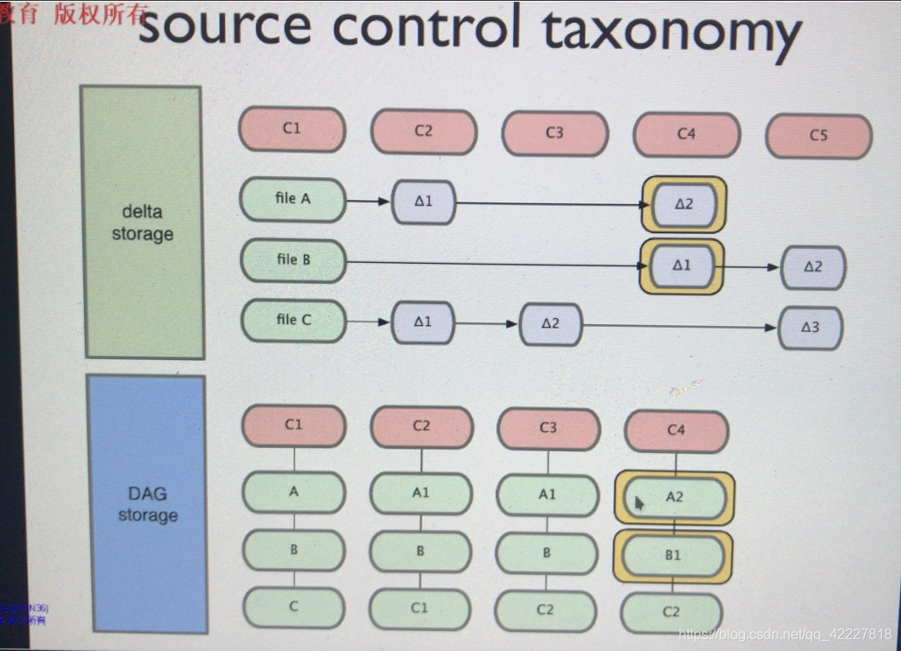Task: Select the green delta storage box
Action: tap(142, 223)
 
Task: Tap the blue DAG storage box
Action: tap(148, 504)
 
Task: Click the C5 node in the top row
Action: tap(819, 136)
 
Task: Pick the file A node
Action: tap(292, 199)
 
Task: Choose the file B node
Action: tap(292, 260)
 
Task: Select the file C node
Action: tap(292, 321)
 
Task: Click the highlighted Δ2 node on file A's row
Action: tap(684, 204)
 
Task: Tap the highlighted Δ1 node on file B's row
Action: tap(682, 265)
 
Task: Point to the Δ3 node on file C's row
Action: tap(810, 328)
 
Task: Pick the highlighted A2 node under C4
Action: tap(674, 497)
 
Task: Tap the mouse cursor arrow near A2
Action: tap(639, 503)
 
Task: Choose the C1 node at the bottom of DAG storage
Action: tap(419, 607)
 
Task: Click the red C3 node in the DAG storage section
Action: tap(548, 428)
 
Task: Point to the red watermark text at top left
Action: tap(74, 14)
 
